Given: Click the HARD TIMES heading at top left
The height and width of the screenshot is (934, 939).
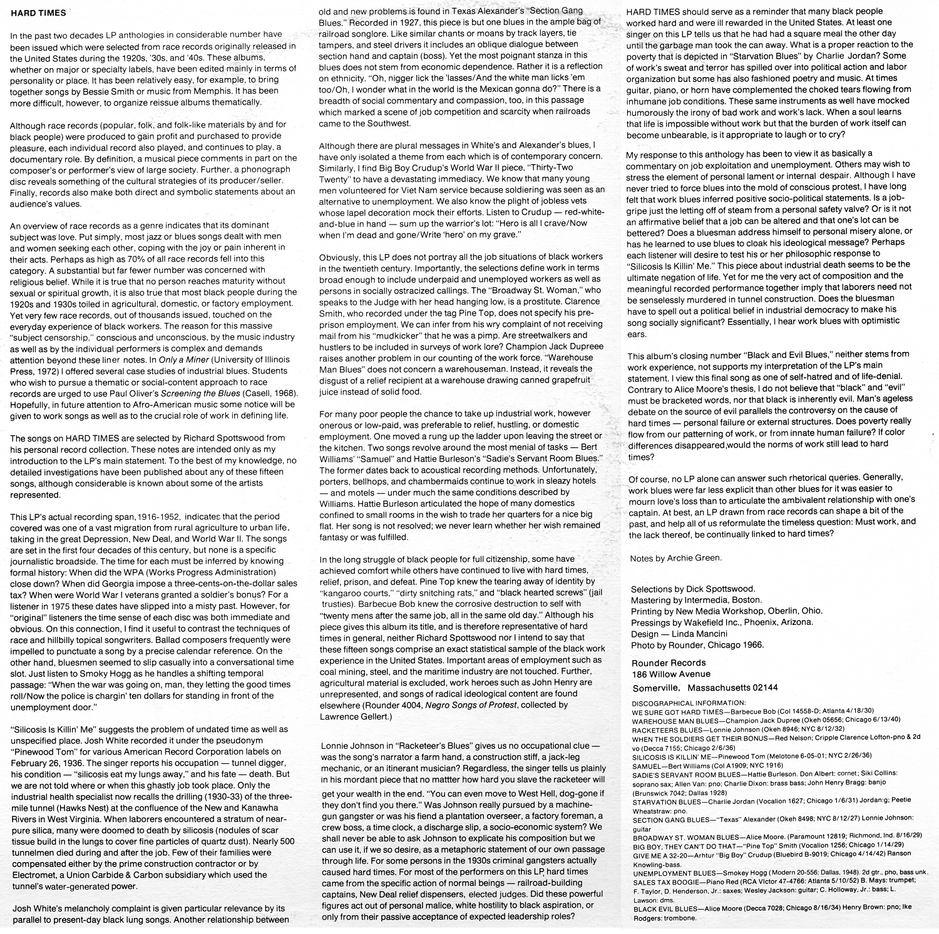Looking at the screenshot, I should pyautogui.click(x=38, y=13).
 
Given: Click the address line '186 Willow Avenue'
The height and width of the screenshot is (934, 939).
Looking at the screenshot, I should pyautogui.click(x=671, y=674).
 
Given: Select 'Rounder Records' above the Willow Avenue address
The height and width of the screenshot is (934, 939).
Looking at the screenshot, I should pyautogui.click(x=669, y=662).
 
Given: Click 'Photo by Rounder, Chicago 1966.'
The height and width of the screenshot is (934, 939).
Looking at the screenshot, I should pyautogui.click(x=697, y=645).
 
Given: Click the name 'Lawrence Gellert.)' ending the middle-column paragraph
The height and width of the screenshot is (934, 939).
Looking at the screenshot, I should pyautogui.click(x=355, y=716).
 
